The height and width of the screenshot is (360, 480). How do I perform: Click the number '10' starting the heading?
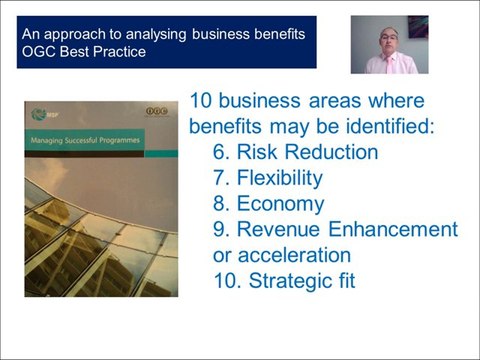202,101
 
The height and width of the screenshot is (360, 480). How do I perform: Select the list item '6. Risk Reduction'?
296,153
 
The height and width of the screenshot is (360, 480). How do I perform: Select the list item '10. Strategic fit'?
284,281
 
